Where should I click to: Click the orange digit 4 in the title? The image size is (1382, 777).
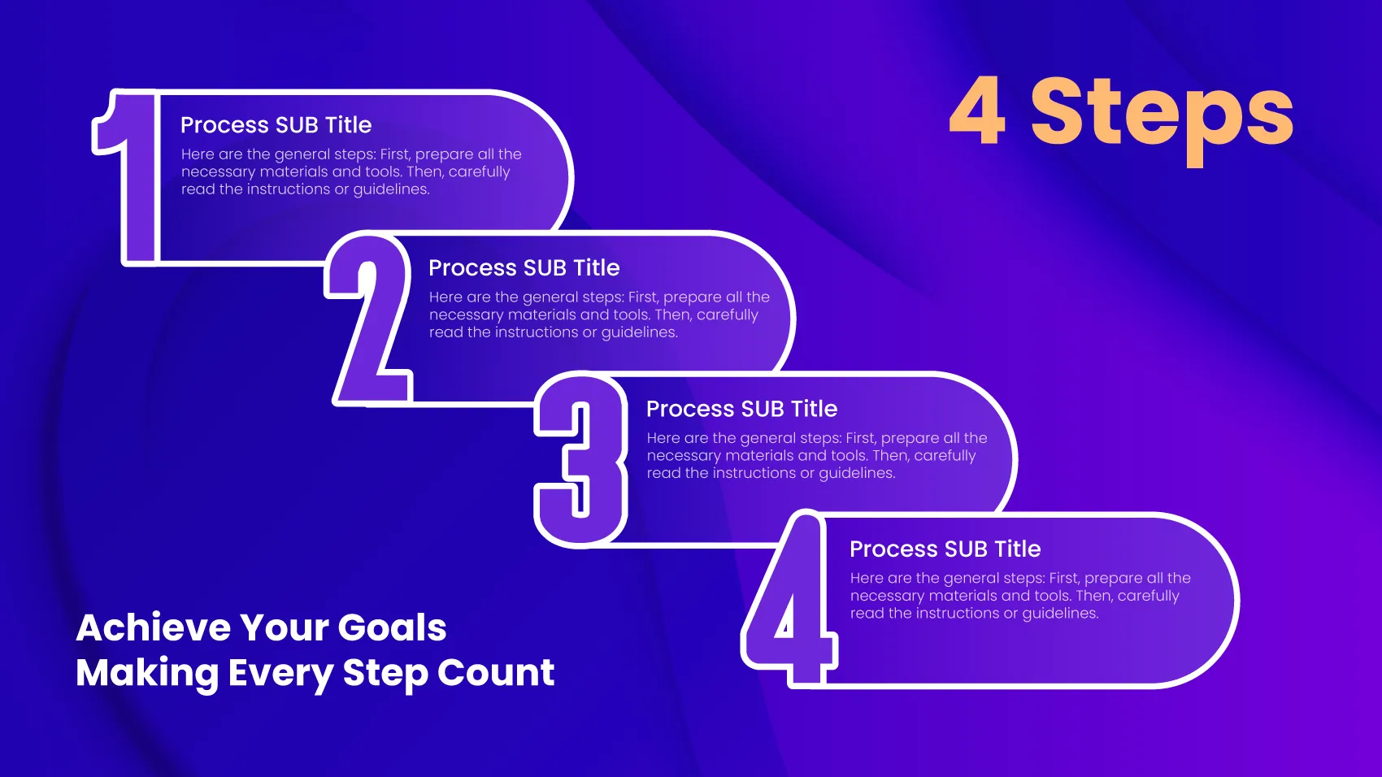(977, 111)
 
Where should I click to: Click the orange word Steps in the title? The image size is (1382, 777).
(1162, 114)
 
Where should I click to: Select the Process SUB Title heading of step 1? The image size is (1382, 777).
(276, 125)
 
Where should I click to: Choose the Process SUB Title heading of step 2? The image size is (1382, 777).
(524, 268)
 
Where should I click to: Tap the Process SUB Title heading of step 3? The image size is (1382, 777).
(741, 409)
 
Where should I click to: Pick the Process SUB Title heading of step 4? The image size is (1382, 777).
(945, 549)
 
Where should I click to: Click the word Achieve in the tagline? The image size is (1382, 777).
(154, 627)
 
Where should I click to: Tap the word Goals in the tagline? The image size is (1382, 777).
(392, 627)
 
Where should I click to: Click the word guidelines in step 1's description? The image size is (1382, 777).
(391, 189)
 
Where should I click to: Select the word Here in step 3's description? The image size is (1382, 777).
(663, 438)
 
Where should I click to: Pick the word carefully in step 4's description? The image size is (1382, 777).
(1148, 596)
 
